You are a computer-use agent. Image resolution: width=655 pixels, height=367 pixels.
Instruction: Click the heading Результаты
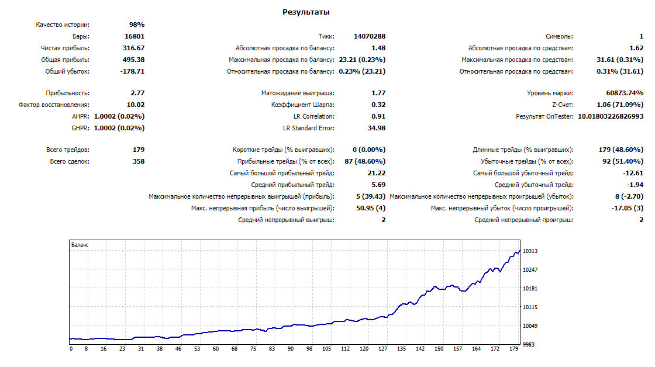pos(306,12)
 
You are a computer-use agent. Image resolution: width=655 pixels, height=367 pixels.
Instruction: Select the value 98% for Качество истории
pos(137,25)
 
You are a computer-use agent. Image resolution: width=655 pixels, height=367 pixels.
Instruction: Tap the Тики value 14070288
pos(370,36)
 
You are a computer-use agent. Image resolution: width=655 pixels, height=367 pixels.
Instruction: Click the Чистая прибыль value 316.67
pos(134,48)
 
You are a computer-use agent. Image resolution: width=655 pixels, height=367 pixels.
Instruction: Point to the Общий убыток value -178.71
pos(132,71)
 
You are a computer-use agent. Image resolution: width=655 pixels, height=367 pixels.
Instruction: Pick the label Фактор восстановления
pos(54,105)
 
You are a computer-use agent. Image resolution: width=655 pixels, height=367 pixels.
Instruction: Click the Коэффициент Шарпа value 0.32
pos(378,105)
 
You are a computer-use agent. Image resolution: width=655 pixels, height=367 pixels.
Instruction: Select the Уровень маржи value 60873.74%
pos(625,93)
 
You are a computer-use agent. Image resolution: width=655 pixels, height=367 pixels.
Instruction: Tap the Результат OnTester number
pos(611,116)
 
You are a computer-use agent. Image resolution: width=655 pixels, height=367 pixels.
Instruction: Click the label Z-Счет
pos(563,105)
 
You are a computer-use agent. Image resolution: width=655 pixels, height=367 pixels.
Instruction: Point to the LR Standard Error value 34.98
pos(377,128)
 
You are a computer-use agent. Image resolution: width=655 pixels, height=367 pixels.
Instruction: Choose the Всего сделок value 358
pos(138,161)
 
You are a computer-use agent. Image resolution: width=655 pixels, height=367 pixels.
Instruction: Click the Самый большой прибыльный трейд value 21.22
pos(377,173)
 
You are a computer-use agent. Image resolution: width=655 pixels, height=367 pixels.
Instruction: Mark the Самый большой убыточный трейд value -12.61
pos(633,173)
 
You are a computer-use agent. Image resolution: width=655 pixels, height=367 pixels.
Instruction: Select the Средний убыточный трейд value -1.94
pos(635,185)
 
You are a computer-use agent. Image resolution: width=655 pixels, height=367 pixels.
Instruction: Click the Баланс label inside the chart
pos(80,245)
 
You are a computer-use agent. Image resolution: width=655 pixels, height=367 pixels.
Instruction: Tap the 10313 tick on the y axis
pos(530,251)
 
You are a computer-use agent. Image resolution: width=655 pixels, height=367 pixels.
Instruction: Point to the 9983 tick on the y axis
pos(529,344)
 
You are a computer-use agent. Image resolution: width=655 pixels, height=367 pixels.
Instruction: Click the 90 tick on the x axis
pos(291,349)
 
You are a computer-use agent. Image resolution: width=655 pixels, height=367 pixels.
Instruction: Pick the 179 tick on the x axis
pos(513,349)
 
